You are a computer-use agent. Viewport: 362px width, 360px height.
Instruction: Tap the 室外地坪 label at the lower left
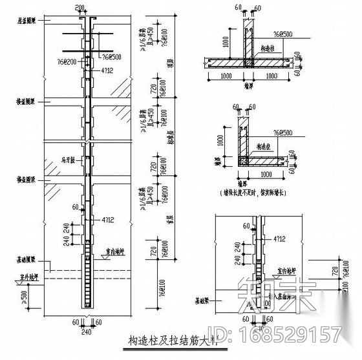[x=21, y=279]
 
